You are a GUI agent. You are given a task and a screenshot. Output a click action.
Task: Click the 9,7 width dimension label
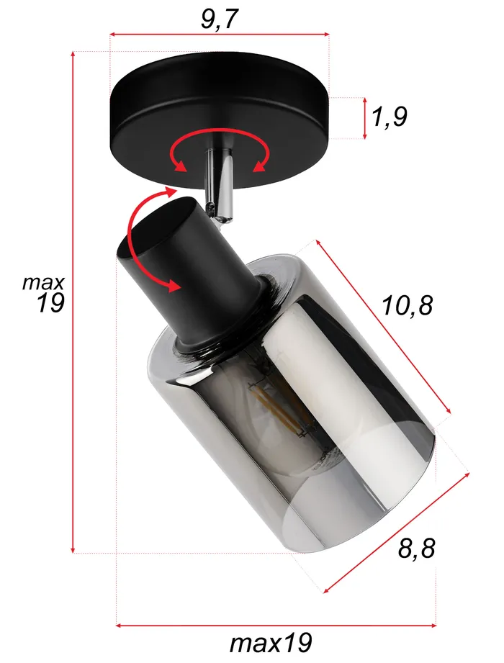(x=219, y=19)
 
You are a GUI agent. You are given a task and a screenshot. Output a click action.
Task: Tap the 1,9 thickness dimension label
(x=390, y=117)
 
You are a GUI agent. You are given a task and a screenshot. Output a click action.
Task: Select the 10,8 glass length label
(x=408, y=306)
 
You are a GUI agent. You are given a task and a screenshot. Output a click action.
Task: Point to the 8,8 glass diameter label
(x=417, y=549)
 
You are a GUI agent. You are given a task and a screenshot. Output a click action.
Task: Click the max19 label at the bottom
(x=271, y=642)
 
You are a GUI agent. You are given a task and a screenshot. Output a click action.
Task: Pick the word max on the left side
(x=43, y=282)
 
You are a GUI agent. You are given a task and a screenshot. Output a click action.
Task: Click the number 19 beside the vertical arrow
(x=51, y=304)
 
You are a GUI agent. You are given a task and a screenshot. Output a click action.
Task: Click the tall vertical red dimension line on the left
(x=73, y=302)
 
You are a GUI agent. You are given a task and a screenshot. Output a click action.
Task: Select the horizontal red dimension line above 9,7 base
(x=219, y=34)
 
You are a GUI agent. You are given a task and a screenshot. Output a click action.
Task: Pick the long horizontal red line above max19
(x=277, y=625)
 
